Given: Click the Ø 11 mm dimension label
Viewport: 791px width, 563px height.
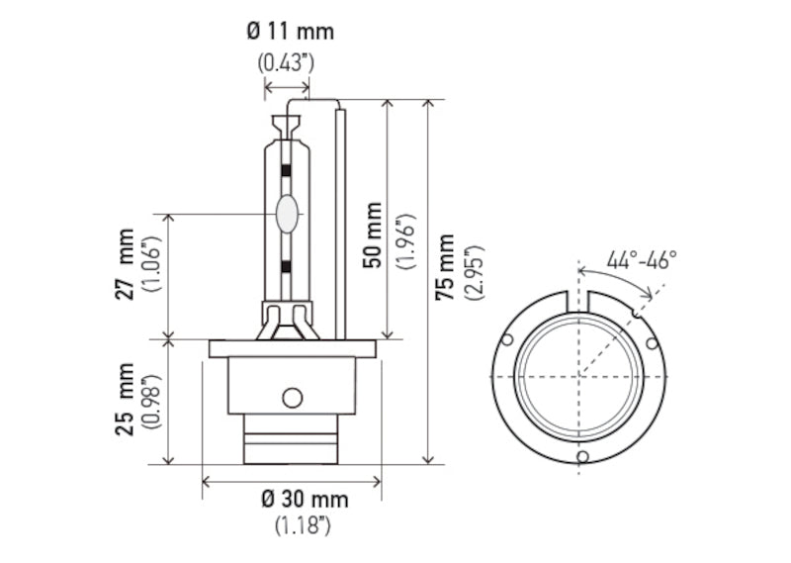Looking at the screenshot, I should click(x=290, y=31).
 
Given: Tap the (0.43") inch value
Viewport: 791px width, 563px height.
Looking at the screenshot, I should click(x=286, y=61).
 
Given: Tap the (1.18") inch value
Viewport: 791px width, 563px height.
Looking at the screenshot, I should click(x=302, y=526).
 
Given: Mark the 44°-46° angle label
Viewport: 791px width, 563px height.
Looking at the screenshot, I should click(x=642, y=260).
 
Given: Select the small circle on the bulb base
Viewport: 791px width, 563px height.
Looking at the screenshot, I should click(x=291, y=398).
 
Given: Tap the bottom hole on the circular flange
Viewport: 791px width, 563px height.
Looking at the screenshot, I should click(x=582, y=456).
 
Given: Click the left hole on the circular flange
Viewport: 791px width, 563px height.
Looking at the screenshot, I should click(x=507, y=340).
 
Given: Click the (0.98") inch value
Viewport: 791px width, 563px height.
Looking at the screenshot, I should click(x=151, y=401).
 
